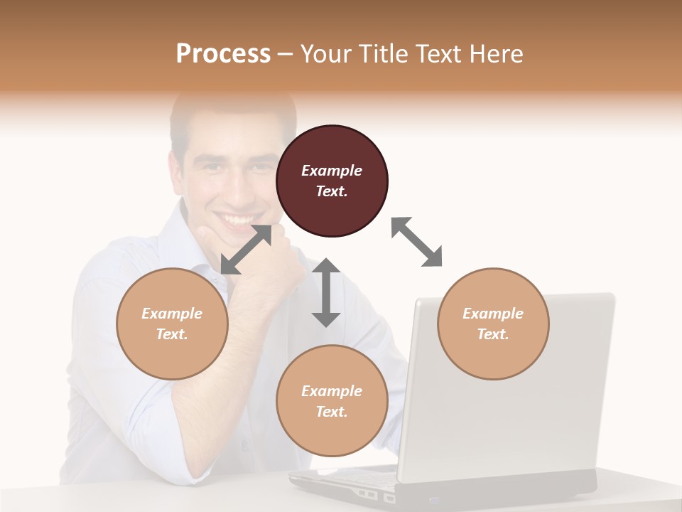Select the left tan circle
tap(172, 324)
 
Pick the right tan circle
tap(493, 324)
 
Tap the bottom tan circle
tap(332, 401)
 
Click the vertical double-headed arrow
tap(326, 292)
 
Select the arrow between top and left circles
tap(246, 250)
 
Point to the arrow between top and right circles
tap(417, 242)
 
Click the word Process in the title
tap(223, 53)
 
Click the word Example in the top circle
tap(332, 171)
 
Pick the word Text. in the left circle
tap(172, 334)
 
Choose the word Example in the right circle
tap(493, 314)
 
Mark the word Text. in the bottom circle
tap(332, 412)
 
